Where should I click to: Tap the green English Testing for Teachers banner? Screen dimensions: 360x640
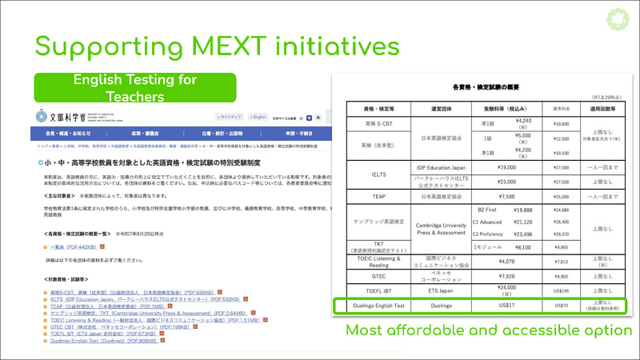coord(134,88)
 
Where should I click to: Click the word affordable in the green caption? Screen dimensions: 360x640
coord(438,330)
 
